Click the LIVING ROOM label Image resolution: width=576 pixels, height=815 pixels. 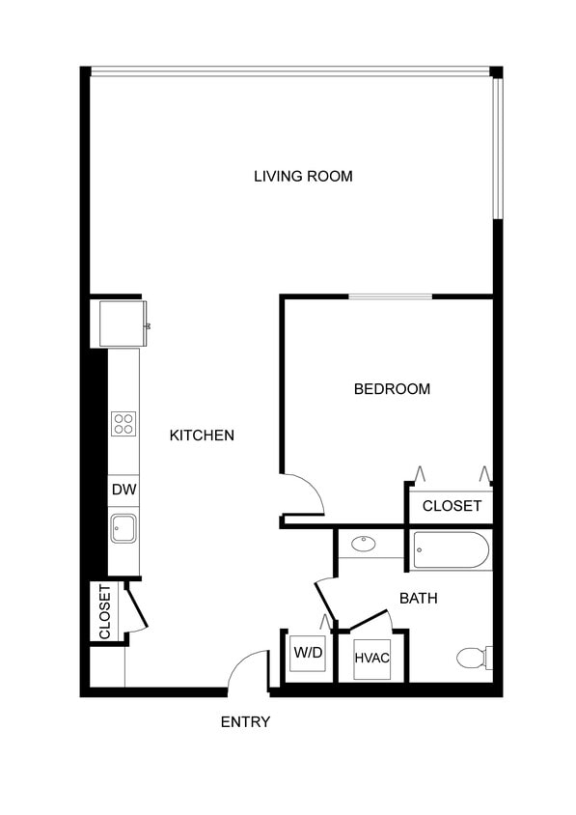click(303, 176)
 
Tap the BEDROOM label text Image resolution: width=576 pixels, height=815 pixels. click(392, 389)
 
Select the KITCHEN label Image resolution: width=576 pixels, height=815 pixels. click(202, 436)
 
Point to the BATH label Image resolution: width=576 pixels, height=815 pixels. click(418, 599)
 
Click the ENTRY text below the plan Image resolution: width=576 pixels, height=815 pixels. click(245, 721)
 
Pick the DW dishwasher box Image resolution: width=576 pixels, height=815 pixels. click(123, 490)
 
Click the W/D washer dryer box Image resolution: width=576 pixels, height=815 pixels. click(308, 653)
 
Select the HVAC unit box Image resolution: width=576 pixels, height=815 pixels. click(371, 659)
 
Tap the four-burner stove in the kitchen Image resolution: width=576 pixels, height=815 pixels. click(123, 423)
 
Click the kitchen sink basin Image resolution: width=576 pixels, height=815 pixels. click(123, 527)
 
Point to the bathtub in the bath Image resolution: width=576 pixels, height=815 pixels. click(452, 551)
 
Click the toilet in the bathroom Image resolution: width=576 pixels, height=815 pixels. click(472, 658)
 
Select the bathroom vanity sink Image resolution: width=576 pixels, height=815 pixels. click(364, 544)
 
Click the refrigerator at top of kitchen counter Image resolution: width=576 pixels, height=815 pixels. click(122, 323)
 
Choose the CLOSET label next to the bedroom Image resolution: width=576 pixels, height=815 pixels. click(452, 506)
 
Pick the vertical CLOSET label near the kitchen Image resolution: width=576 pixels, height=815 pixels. click(105, 612)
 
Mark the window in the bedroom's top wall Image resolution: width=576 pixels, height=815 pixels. click(390, 296)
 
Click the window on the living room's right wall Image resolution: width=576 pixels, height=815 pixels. click(498, 148)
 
